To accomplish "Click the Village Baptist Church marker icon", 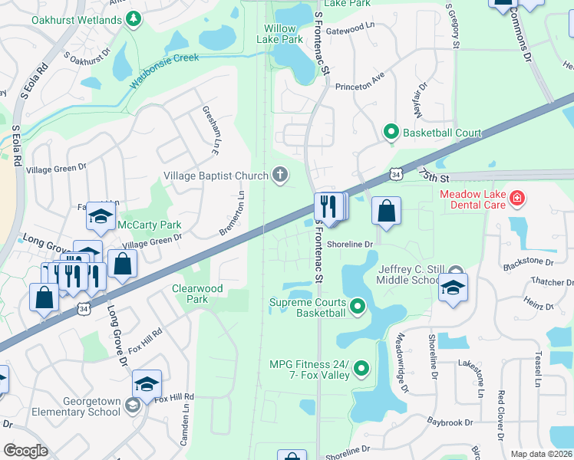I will click(280, 176).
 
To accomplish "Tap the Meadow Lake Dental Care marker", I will click(517, 199).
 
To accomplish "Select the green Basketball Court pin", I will click(391, 133).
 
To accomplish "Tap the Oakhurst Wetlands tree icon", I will click(134, 17).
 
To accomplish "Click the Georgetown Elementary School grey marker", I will click(133, 405).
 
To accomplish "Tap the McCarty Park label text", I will click(149, 225).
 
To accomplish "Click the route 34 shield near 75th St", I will click(394, 176).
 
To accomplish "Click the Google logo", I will click(25, 450).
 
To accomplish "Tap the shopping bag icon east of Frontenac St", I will click(386, 211).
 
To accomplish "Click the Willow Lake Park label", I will click(279, 33).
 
